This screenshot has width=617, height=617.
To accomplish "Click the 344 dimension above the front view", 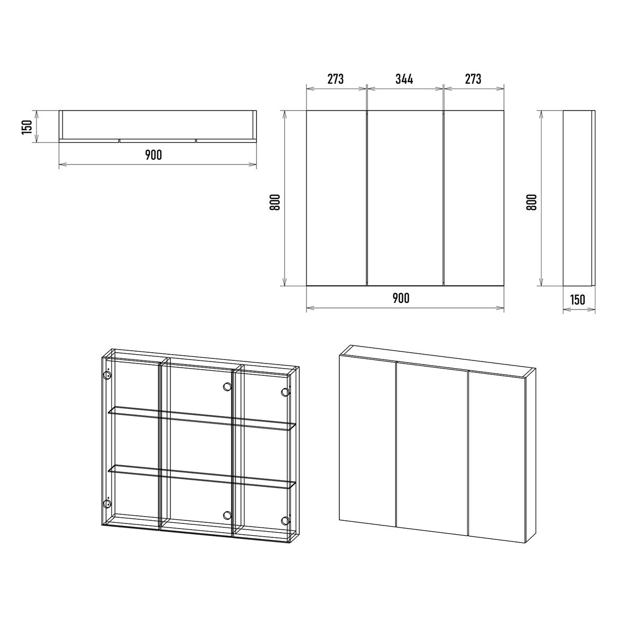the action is [404, 79].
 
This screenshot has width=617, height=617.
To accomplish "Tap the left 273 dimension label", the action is [336, 79].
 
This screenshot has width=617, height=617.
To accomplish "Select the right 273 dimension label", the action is [473, 79].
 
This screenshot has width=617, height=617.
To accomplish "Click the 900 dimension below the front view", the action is [401, 298].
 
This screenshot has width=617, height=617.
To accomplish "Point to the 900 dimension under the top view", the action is [154, 155].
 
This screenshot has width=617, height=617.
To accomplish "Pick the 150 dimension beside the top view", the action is [27, 127].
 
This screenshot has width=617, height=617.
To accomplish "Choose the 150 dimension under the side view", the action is [577, 300].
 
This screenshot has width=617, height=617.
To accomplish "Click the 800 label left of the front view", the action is [275, 202].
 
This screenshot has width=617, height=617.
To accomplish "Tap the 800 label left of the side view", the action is [532, 202].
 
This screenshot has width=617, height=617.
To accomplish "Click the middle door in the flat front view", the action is [405, 198].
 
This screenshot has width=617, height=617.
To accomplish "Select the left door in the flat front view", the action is [336, 198].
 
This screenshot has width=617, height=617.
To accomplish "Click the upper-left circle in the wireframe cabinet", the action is [107, 375].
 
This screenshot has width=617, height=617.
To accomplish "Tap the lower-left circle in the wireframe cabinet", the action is [107, 504].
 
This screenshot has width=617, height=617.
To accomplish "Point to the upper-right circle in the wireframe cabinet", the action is [285, 392].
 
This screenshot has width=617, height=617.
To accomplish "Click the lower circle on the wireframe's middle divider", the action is [227, 515].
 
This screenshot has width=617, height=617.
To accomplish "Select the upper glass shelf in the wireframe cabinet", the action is [202, 419].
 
